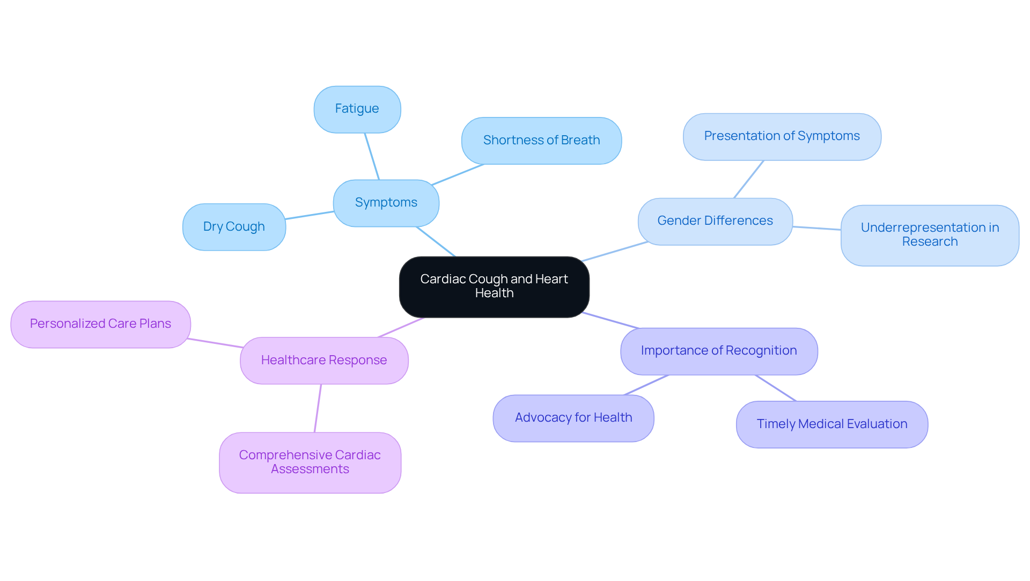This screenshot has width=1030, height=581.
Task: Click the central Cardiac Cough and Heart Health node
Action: click(494, 286)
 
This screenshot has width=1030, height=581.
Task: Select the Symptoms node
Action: click(386, 203)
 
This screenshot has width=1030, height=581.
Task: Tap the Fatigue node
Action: click(357, 109)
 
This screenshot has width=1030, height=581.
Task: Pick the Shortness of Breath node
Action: click(541, 141)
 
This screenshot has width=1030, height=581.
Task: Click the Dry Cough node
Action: click(234, 227)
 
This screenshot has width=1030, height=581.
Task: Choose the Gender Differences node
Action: click(715, 221)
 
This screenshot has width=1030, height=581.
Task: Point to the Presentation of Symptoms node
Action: click(782, 136)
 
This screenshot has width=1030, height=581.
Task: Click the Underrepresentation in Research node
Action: click(930, 235)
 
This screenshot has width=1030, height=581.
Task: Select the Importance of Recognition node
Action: click(719, 351)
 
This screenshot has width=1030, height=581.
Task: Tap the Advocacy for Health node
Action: click(573, 418)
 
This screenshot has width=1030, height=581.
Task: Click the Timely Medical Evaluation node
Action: click(832, 424)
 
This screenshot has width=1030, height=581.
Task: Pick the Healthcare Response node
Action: click(324, 361)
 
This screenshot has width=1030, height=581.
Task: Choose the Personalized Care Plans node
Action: click(100, 324)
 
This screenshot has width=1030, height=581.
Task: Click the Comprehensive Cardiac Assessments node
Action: click(310, 462)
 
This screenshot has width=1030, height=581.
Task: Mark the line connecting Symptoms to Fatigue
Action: click(372, 156)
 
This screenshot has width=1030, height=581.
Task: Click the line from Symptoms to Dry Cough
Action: click(310, 215)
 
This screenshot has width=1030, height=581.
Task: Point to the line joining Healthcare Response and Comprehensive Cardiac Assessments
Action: click(318, 408)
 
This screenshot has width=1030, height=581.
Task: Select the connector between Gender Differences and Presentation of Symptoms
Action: click(748, 179)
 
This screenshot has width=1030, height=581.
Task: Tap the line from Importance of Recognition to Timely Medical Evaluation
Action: click(776, 388)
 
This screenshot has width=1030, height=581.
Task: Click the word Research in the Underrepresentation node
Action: click(930, 242)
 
